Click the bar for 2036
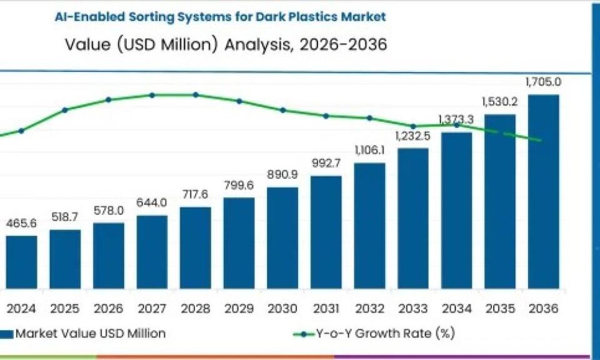[543, 191]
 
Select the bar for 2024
[22, 262]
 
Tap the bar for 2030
[282, 237]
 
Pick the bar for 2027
[152, 252]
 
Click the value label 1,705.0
[543, 82]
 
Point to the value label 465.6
[22, 223]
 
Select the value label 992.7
[326, 164]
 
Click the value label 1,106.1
[369, 150]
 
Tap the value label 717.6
[195, 195]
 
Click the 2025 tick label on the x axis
[65, 309]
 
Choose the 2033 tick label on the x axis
[413, 309]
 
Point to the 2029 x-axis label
[239, 309]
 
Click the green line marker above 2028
[195, 95]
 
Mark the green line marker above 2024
[21, 131]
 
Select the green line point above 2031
[326, 116]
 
